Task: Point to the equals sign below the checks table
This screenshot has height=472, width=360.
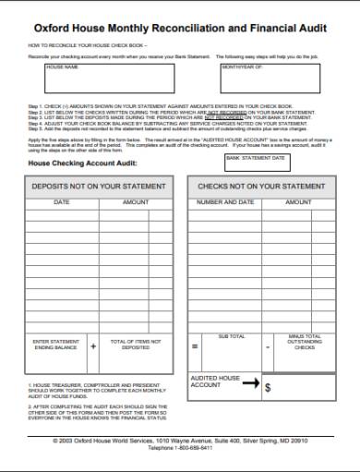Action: click(x=195, y=346)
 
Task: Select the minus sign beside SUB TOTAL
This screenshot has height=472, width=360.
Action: click(x=268, y=346)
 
